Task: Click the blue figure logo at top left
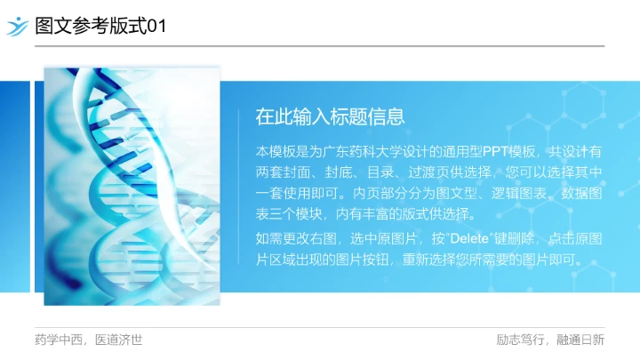(x=17, y=26)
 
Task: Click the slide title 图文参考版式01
(x=100, y=27)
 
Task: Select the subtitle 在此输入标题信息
(x=331, y=116)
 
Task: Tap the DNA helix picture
(x=132, y=187)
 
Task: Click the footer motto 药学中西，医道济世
(x=88, y=340)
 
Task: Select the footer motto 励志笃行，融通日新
(x=550, y=340)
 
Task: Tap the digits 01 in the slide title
(x=156, y=27)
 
